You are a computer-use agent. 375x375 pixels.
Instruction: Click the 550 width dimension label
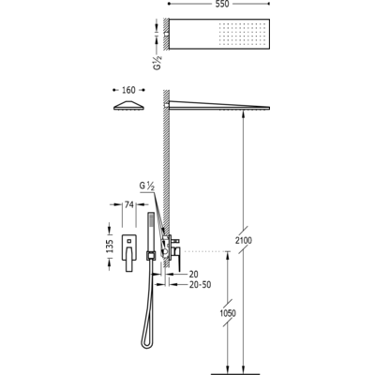coord(222,4)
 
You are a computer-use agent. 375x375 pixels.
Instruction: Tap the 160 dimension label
coord(128,90)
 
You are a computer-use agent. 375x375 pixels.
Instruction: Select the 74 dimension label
coord(128,204)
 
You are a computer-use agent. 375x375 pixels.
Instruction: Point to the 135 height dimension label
coord(110,247)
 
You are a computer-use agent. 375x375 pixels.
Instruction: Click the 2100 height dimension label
coord(244,240)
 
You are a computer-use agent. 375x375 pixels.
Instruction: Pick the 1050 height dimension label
coord(228,313)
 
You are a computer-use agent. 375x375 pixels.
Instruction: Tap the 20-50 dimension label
coord(200,285)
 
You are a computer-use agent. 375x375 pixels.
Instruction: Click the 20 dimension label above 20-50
coord(193,274)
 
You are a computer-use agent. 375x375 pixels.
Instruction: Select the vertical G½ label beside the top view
coord(157,62)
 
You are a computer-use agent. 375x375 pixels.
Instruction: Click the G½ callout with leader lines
coord(147,187)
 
